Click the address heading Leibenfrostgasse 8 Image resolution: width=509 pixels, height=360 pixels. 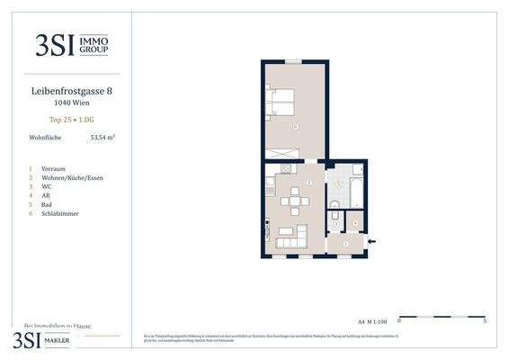click(x=71, y=91)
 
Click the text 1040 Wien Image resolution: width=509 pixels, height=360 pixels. click(x=71, y=103)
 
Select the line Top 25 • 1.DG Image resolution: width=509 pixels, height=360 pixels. click(x=71, y=120)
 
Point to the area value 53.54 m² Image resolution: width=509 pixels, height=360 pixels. click(x=103, y=138)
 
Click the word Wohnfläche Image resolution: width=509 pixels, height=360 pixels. click(x=45, y=138)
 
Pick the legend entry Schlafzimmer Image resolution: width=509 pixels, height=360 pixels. click(x=60, y=214)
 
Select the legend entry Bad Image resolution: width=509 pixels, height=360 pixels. click(x=47, y=205)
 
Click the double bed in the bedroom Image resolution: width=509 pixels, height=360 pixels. click(x=281, y=104)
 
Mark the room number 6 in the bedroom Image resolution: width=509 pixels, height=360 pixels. click(x=295, y=126)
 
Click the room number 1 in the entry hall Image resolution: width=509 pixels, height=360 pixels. click(x=344, y=243)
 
